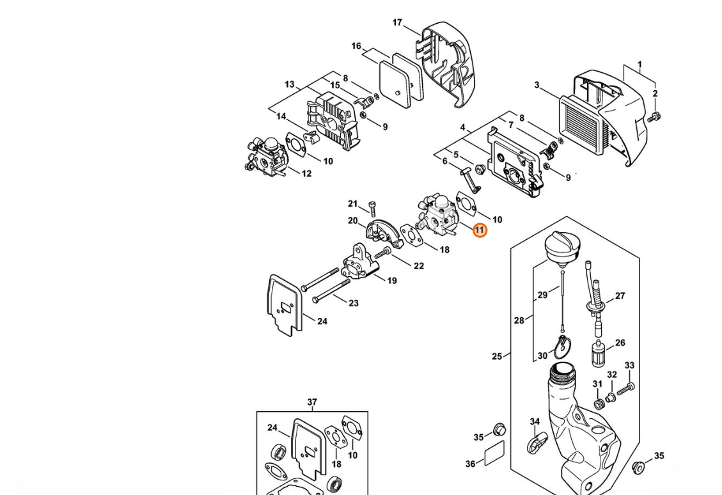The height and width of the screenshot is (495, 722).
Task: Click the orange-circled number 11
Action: [480, 230]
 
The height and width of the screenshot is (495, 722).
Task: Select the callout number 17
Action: [397, 23]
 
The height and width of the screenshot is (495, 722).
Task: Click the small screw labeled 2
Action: [653, 117]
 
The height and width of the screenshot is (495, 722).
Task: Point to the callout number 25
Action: [497, 356]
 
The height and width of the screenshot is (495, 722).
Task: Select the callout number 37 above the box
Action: [312, 402]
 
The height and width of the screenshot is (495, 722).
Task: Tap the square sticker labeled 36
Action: [494, 452]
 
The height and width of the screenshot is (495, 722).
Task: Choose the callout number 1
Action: [640, 65]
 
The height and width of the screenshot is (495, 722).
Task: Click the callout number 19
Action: [392, 280]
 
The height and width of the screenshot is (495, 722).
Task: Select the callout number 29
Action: [543, 295]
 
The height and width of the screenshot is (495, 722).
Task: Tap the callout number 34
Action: [535, 422]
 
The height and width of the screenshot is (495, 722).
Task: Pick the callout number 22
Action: [419, 265]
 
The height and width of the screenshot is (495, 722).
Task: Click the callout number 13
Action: [290, 84]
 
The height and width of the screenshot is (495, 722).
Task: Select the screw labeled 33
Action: [628, 386]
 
